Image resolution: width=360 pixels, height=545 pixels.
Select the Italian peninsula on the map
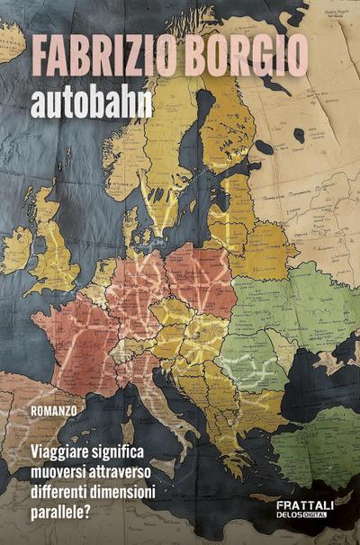(166, 387)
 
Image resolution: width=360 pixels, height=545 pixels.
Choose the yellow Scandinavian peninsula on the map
(171, 144)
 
